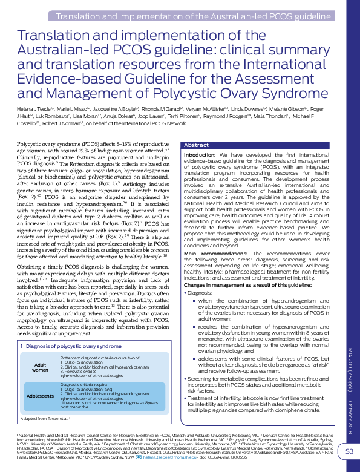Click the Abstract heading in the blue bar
196,145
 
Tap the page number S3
349,451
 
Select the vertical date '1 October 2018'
350,421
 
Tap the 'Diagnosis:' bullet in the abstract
199,292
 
